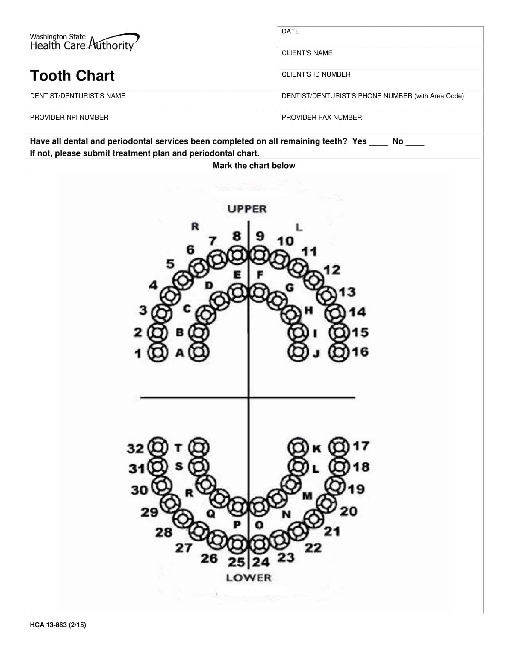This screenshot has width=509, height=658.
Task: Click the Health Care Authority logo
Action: [84, 42]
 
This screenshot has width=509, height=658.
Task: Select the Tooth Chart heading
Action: [72, 76]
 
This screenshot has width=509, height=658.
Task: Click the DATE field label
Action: [290, 31]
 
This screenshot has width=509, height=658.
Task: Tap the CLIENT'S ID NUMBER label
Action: [316, 74]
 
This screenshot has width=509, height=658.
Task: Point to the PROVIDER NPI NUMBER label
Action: [69, 118]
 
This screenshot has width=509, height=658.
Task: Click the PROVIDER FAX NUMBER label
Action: [322, 118]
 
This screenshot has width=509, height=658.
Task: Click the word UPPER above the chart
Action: [247, 209]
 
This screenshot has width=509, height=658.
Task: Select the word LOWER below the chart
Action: [249, 578]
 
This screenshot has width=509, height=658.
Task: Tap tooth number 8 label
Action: [237, 236]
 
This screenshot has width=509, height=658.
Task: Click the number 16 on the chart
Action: [360, 352]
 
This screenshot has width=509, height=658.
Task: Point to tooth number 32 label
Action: [135, 449]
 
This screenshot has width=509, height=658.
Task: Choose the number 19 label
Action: [356, 489]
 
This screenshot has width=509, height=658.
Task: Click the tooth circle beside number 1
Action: [157, 352]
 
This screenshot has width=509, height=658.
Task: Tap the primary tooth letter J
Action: [316, 354]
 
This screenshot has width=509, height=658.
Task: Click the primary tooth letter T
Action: [178, 448]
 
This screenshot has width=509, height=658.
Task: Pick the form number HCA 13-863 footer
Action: [58, 625]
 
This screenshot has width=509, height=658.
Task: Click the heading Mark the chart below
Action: [254, 166]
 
